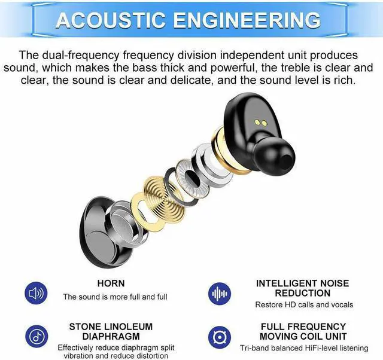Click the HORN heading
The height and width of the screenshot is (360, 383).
point(111,283)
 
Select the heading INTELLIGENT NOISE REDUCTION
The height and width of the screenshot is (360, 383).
point(302,288)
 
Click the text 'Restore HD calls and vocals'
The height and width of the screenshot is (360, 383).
point(304,305)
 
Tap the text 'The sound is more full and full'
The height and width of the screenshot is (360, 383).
point(115,297)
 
